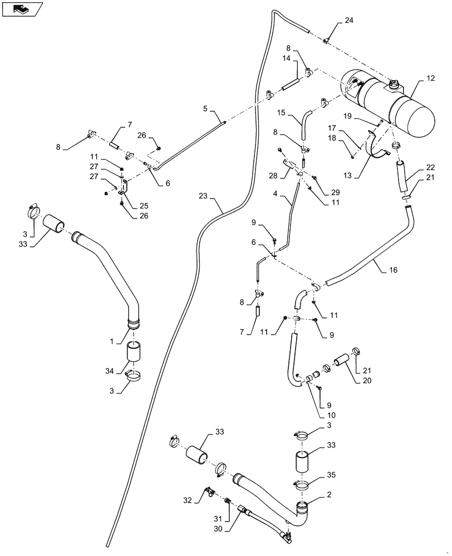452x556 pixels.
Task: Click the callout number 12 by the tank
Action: coord(430,79)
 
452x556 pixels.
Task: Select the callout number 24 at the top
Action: coord(348,21)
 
